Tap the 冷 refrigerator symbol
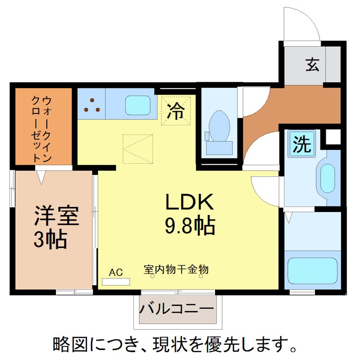tap(176, 111)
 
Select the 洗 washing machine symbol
tap(302, 144)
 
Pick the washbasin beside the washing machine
tap(327, 177)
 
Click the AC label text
tap(116, 272)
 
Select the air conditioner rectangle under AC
tap(116, 282)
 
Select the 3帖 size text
tap(50, 240)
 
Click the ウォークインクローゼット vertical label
tap(42, 128)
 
